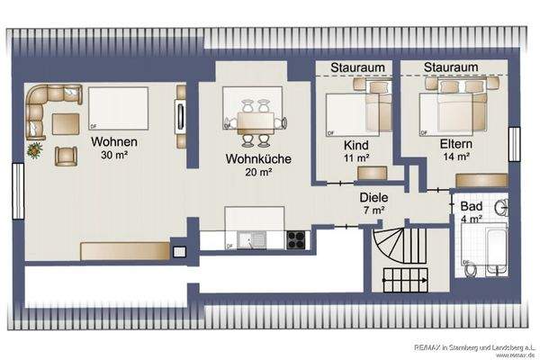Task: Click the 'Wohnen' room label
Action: (x=113, y=141)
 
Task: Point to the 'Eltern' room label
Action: (x=455, y=143)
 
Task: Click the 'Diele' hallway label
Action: (x=373, y=196)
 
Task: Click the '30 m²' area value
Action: (x=113, y=155)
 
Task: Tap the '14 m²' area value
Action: (x=455, y=157)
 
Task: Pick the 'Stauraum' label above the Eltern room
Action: (x=450, y=67)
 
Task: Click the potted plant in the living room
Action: (x=35, y=148)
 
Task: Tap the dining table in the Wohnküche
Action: (x=253, y=121)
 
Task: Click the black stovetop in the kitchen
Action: (x=296, y=239)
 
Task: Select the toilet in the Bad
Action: (x=471, y=268)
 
